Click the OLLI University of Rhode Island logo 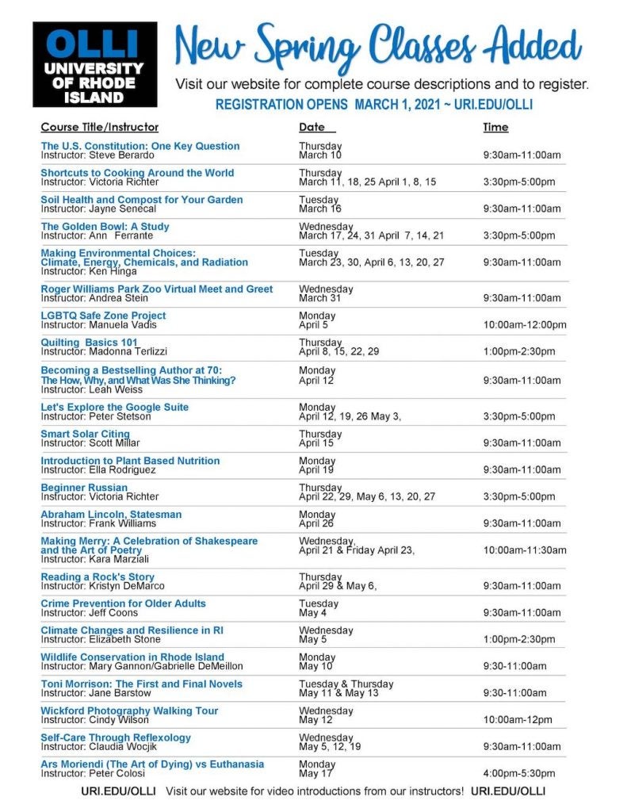click(94, 64)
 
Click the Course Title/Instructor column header click(100, 127)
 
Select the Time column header click(495, 127)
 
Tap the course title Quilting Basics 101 click(90, 342)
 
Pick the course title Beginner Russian click(84, 487)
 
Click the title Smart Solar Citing click(85, 434)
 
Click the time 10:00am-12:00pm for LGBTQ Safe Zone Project click(525, 324)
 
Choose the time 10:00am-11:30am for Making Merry click(525, 550)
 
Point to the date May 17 click(315, 773)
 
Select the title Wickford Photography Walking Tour click(129, 710)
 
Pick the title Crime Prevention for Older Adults click(123, 603)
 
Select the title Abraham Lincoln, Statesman click(111, 514)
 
